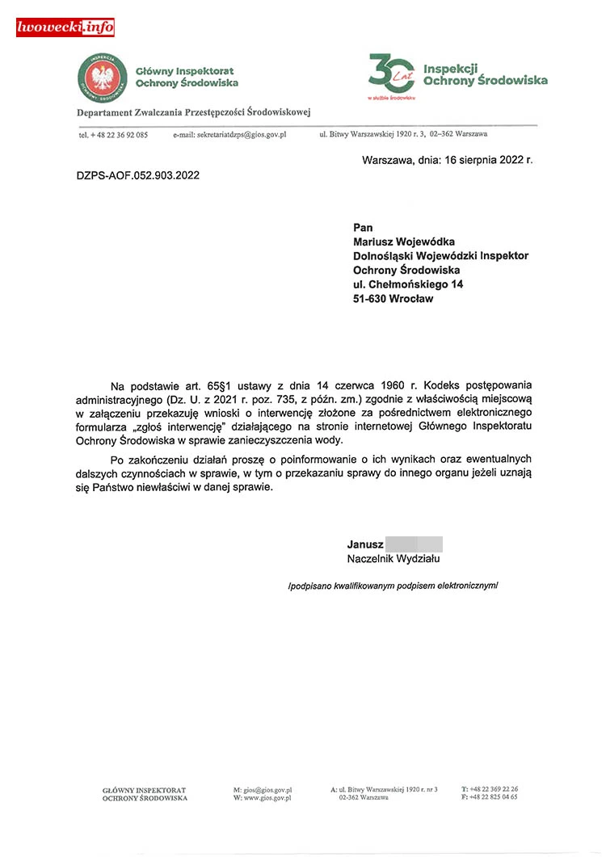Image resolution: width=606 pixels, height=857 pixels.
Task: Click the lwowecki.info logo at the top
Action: (65, 27)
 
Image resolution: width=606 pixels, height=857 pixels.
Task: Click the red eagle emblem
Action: (102, 78)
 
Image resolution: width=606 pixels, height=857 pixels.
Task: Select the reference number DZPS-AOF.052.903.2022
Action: (137, 174)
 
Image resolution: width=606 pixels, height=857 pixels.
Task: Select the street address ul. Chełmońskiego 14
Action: (408, 284)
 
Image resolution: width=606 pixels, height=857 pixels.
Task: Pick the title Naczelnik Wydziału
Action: (393, 558)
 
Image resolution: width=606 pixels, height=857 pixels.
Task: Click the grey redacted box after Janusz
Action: (414, 544)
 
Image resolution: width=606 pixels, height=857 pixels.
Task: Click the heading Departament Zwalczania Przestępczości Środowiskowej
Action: (194, 112)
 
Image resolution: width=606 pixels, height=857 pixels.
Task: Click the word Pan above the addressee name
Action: (363, 227)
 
